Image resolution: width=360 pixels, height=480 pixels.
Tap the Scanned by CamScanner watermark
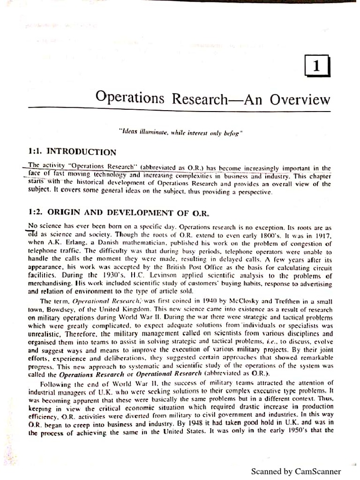(x=296, y=471)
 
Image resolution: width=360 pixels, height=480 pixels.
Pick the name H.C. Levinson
(x=140, y=276)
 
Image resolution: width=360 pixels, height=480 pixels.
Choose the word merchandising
(x=50, y=284)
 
